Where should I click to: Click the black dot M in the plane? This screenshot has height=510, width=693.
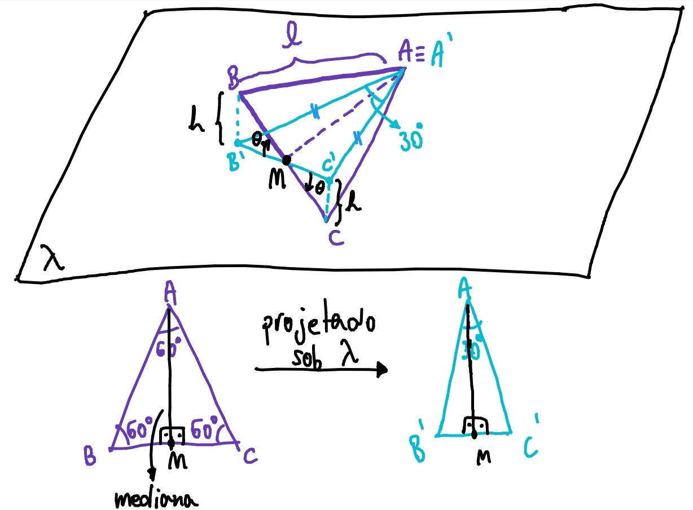click(287, 160)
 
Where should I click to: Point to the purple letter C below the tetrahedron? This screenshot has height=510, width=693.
click(336, 239)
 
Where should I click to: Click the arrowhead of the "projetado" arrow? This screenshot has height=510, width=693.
click(382, 369)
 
